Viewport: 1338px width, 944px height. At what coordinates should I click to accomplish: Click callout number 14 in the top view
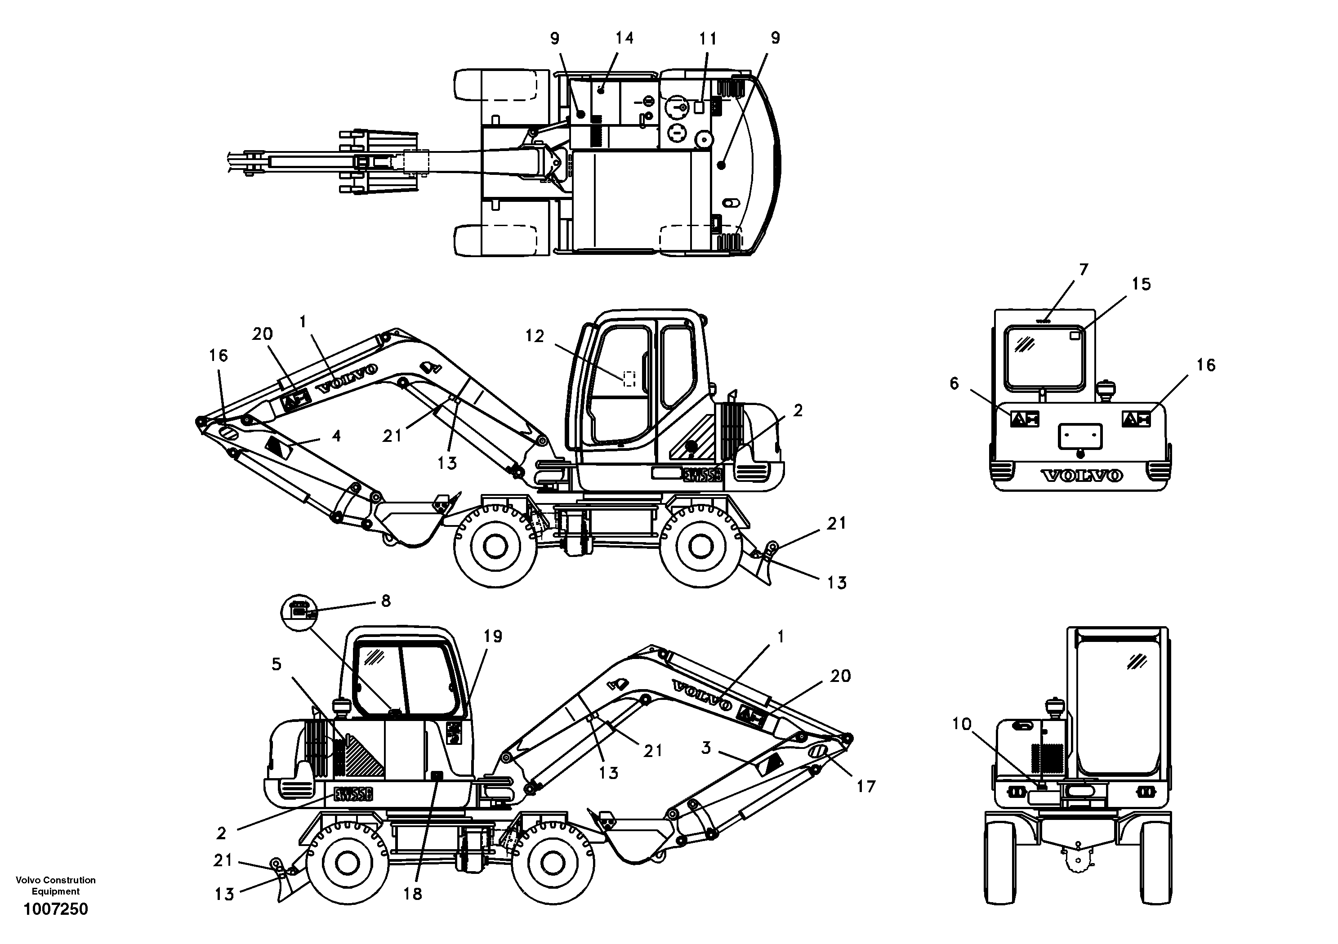coord(624,39)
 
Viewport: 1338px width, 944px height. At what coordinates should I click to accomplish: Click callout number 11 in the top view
coord(708,39)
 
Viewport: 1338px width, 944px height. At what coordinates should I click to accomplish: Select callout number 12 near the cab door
coord(535,336)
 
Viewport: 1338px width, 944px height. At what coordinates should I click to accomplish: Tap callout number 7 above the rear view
coord(1084,270)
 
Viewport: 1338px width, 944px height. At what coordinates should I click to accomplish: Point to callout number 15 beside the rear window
coord(1141,285)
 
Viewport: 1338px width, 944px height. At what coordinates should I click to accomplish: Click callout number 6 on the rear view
coord(954,383)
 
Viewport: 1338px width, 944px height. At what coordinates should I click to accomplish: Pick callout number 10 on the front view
coord(962,724)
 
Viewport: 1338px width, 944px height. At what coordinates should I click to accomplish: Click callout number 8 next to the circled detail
coord(386,601)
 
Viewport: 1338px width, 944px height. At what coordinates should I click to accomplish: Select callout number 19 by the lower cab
coord(492,637)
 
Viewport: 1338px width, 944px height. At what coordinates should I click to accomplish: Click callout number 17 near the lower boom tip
coord(866,787)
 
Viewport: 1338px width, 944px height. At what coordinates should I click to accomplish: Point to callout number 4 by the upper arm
coord(336,436)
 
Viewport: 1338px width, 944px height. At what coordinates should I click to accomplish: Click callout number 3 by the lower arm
coord(706,748)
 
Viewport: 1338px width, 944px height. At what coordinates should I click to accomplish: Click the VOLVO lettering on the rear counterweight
coord(1082,476)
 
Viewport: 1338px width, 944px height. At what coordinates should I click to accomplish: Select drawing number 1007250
coord(55,909)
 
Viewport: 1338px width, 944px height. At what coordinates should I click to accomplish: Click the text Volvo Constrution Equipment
coord(55,886)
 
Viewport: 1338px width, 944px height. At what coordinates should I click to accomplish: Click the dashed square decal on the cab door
coord(629,379)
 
